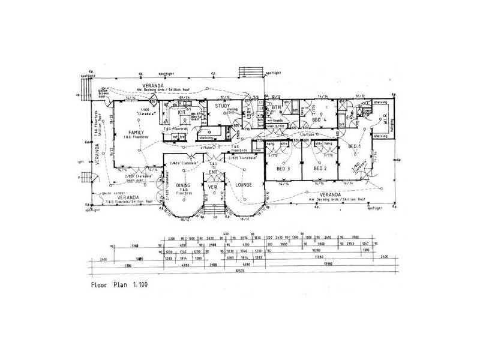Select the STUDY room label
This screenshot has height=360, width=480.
215,106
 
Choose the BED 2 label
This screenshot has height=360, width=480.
320,169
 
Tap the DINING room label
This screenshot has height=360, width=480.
183,186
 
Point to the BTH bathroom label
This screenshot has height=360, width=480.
276,107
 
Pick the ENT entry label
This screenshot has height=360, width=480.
212,172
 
